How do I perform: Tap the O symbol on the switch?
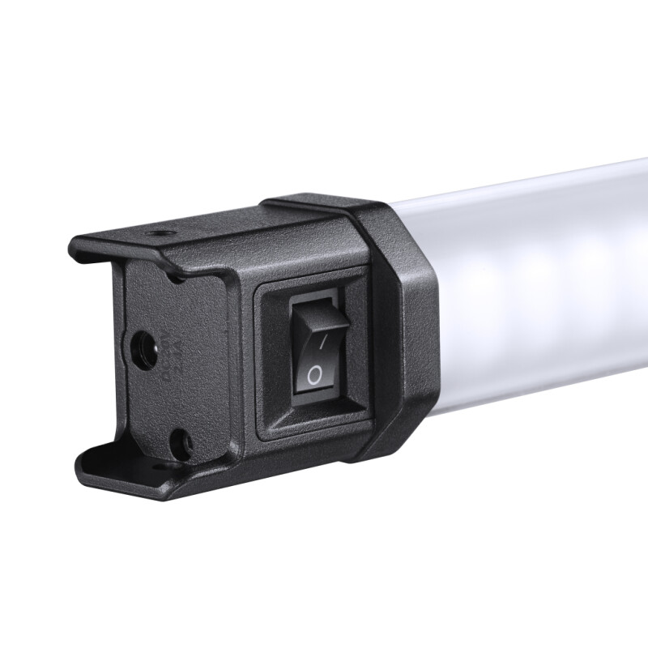pos(314,374)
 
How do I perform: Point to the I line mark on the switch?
pos(322,343)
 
